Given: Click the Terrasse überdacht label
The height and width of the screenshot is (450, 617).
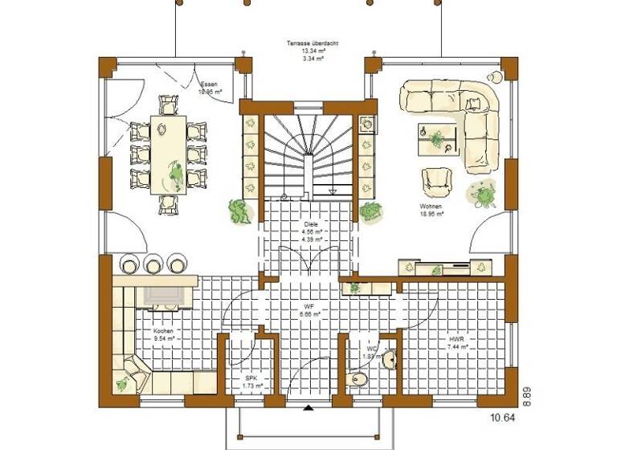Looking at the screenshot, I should (x=308, y=43).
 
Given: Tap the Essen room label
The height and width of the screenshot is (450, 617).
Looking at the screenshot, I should (x=209, y=83).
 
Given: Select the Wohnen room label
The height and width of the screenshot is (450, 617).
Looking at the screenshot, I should (x=431, y=207).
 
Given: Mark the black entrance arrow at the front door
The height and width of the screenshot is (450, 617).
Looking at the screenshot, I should (x=308, y=407).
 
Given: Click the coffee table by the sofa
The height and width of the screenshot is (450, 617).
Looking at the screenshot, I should (x=437, y=137).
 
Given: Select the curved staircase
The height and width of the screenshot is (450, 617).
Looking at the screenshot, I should (x=309, y=153).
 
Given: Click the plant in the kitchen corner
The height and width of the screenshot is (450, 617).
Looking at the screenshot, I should (x=121, y=382).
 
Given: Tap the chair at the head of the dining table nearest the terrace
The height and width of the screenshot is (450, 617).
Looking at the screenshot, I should (x=170, y=104).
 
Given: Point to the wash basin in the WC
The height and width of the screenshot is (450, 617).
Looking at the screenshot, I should (x=389, y=358).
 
